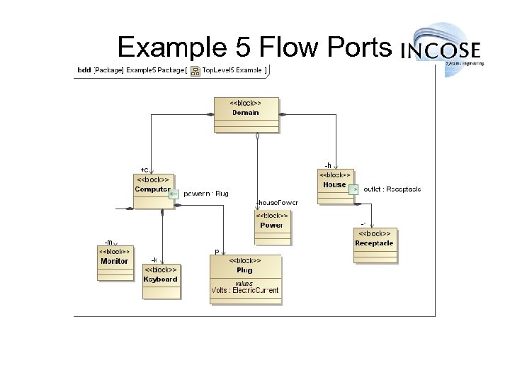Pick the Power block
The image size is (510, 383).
pos(271,226)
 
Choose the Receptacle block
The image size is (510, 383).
pos(374,243)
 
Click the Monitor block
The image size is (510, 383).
pos(114,262)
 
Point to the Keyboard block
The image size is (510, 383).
pos(161,279)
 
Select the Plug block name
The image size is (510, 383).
pos(244,270)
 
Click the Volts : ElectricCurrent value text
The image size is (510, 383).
pos(245,290)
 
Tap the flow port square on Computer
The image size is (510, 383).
pos(174,191)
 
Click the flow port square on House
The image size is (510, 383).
pos(355,189)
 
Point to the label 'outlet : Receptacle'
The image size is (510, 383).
pos(392,189)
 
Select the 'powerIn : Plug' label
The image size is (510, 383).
pos(206,193)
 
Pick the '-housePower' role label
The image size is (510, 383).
pos(277,203)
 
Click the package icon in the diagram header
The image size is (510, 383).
pos(195,71)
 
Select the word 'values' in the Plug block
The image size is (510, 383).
pos(244,283)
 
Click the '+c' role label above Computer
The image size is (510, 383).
pos(144,169)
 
